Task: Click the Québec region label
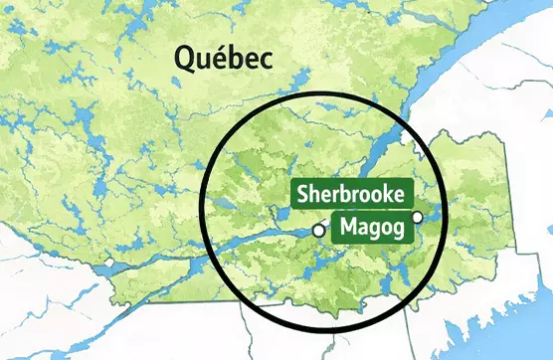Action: (x=224, y=59)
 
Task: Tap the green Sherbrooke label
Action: (x=350, y=194)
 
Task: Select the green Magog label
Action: (x=372, y=228)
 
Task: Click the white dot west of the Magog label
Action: (x=318, y=231)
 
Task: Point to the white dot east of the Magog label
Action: (x=418, y=217)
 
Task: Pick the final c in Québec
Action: (x=266, y=61)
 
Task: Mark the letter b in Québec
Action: (x=239, y=59)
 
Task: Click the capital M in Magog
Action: (x=348, y=228)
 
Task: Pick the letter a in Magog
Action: (x=362, y=229)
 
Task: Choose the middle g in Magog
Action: (x=373, y=231)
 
